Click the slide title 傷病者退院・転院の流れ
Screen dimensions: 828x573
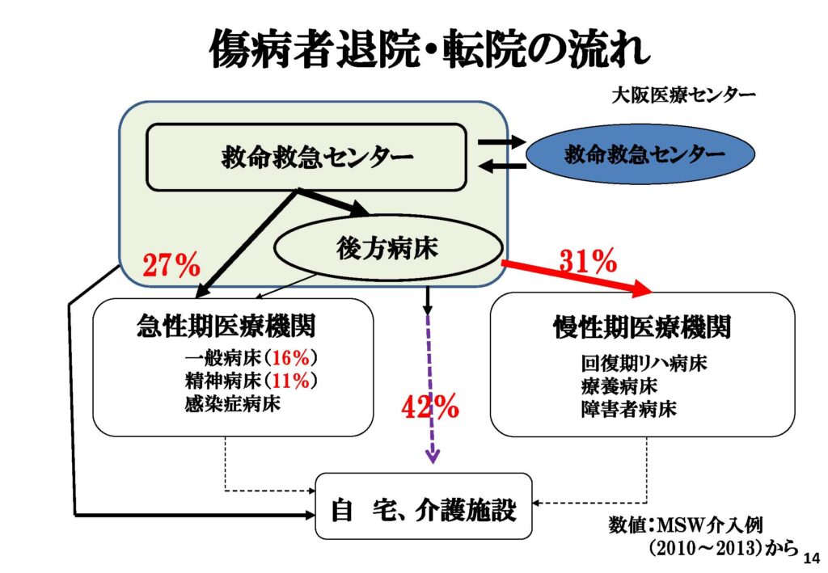coord(429,48)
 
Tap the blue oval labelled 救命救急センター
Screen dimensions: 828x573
coord(640,154)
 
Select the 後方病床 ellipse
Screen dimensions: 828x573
coord(387,247)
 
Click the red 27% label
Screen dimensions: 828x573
coord(171,264)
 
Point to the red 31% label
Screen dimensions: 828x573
coord(588,260)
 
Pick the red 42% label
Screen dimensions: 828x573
coord(430,407)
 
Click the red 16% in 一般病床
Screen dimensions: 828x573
coord(290,358)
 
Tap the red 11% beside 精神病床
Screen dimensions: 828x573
coord(290,381)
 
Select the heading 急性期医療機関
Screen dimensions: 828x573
coord(226,325)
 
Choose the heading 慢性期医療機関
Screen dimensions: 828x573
coord(642,327)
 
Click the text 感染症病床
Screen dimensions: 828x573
coord(232,403)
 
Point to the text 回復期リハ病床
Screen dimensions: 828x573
coord(644,363)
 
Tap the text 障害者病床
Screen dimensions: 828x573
coord(628,409)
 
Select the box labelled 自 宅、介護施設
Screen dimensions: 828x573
coord(424,506)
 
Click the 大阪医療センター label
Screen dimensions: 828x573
coord(683,95)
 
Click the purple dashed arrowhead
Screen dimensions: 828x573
coord(433,456)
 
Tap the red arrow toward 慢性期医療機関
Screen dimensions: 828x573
coord(577,277)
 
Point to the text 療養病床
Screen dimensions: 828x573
coord(619,386)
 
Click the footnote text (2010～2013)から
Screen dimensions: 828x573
coord(724,548)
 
